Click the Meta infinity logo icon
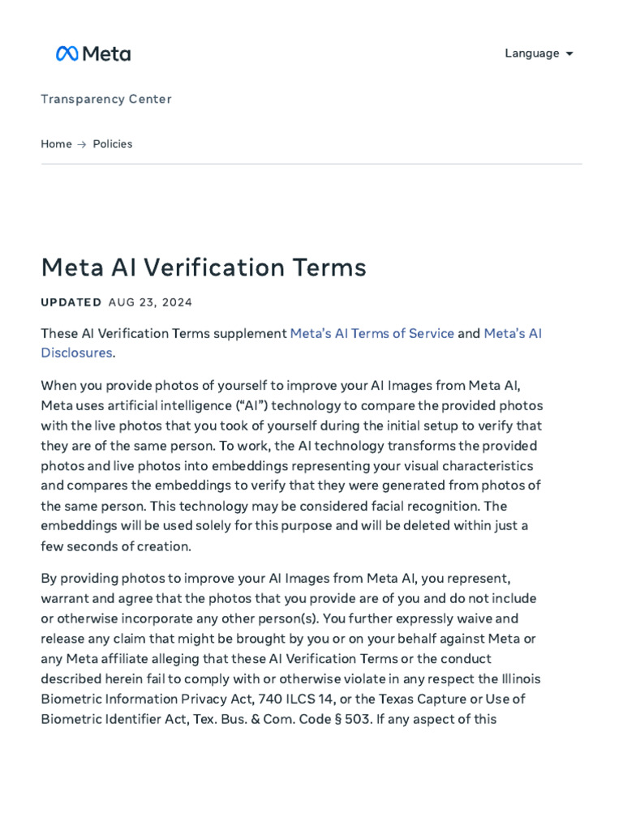coord(67,53)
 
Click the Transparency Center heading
coord(106,99)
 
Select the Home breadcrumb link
coord(56,143)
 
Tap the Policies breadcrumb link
coord(113,143)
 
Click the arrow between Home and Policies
coord(82,144)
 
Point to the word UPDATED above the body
coord(71,302)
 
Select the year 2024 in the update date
coord(177,302)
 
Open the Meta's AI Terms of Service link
coord(372,333)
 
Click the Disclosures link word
coord(76,353)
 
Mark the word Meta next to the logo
coord(106,53)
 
